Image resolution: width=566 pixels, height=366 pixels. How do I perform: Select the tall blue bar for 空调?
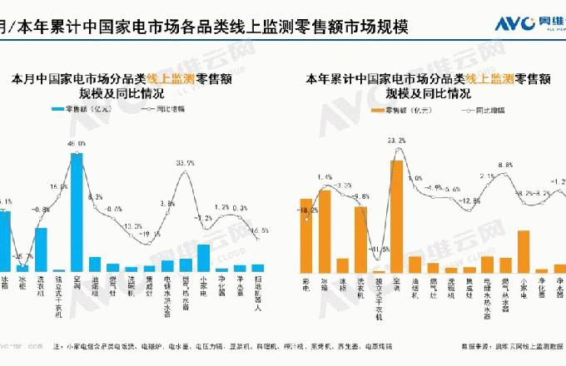coord(77,212)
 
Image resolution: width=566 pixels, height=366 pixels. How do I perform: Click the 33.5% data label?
coord(185,163)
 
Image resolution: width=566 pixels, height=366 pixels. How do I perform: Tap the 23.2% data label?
coord(396,141)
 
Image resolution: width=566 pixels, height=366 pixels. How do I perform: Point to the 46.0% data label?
coord(77,144)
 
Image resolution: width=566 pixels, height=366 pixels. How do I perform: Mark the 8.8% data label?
coord(505,166)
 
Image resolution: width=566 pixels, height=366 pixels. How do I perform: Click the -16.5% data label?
coord(259,230)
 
